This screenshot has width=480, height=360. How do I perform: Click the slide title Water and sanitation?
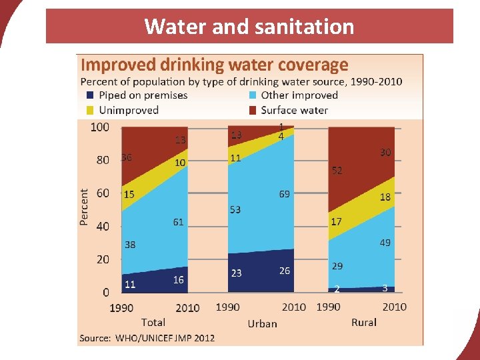249,27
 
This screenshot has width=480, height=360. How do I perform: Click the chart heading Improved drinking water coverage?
214,65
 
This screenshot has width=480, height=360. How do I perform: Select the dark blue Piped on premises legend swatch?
90,95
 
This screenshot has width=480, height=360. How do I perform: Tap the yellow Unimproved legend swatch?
90,110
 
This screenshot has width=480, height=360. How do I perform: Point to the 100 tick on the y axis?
100,127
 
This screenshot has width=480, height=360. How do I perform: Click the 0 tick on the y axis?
106,292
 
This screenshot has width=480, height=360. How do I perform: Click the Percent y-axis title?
84,207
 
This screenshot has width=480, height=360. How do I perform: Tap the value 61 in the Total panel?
178,222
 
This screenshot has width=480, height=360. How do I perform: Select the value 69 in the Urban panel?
285,194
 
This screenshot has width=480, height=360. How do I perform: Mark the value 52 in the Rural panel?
337,171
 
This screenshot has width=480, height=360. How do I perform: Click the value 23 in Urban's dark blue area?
236,273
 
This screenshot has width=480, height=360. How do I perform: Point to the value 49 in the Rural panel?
385,243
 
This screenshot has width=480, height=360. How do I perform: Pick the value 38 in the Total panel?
130,245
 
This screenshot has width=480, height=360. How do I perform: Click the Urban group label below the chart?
262,323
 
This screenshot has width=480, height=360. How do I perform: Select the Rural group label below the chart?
363,323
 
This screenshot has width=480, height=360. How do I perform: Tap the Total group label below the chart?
153,323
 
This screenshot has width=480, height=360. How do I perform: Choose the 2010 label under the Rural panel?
394,307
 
